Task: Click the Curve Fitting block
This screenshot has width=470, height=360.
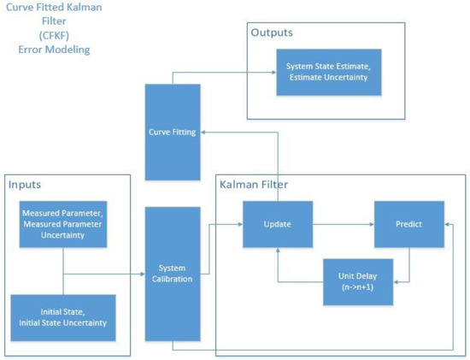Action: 173,133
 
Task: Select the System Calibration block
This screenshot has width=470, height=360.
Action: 173,273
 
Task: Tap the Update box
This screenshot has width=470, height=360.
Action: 277,224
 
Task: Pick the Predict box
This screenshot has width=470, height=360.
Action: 408,224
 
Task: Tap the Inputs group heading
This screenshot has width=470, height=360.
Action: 26,185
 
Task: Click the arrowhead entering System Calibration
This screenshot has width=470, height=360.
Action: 141,274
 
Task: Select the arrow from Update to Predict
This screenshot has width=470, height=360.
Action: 342,225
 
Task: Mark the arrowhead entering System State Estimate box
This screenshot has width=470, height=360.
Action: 271,74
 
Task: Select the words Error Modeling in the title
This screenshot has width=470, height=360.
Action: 54,50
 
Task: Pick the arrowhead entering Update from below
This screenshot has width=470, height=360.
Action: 277,253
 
